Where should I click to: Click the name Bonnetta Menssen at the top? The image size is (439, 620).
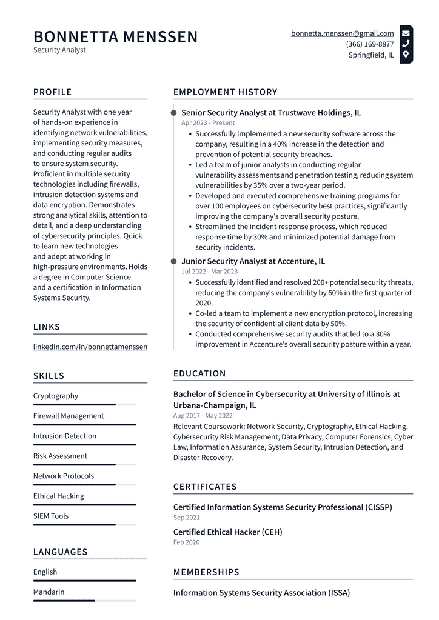(115, 37)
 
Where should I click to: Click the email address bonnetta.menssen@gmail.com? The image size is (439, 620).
(342, 33)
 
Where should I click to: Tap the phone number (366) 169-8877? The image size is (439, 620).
(369, 44)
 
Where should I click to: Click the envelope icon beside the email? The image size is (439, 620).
(406, 33)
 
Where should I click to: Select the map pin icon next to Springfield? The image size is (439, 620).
(406, 55)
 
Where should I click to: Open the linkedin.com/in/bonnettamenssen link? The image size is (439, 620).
(90, 347)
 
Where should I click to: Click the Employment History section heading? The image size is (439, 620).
(225, 92)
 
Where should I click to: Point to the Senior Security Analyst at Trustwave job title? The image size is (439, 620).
(271, 113)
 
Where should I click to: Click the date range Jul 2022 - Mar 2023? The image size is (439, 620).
(209, 272)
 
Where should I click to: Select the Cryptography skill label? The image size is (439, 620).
(55, 396)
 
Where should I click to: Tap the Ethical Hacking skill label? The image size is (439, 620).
(58, 496)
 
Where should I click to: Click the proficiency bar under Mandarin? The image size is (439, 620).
(84, 601)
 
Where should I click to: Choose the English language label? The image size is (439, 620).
(45, 572)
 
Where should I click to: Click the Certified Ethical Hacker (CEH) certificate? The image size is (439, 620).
(227, 532)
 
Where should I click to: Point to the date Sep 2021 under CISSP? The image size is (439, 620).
(186, 518)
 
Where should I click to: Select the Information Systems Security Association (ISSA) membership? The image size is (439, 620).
(261, 593)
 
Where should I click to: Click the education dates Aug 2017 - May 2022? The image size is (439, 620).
(203, 416)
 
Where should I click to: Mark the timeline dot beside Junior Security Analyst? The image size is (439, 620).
(174, 261)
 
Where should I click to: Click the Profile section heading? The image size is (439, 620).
(52, 92)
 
